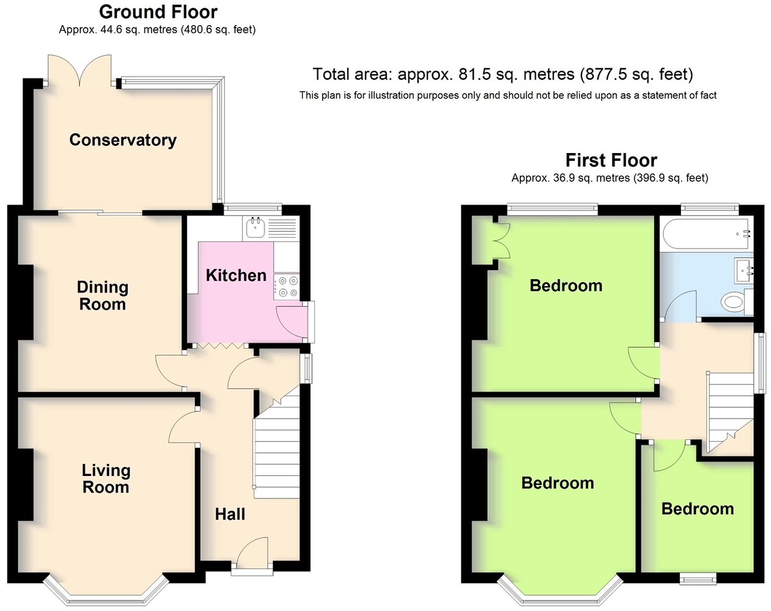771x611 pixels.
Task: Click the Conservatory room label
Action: pyautogui.click(x=123, y=140)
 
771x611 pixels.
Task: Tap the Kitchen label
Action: pyautogui.click(x=236, y=275)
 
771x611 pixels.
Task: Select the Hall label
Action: pyautogui.click(x=230, y=514)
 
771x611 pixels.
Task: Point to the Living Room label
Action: pyautogui.click(x=106, y=479)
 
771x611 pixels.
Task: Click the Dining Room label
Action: pyautogui.click(x=102, y=296)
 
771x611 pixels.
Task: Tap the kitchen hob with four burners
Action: pyautogui.click(x=287, y=287)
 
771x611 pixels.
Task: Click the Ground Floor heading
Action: pyautogui.click(x=158, y=12)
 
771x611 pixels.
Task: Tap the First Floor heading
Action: pyautogui.click(x=611, y=160)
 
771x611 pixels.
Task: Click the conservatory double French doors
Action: pyautogui.click(x=80, y=71)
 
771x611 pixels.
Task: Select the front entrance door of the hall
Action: pyautogui.click(x=253, y=554)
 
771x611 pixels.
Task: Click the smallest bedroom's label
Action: pyautogui.click(x=698, y=509)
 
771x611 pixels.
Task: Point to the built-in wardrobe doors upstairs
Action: pyautogui.click(x=502, y=241)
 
